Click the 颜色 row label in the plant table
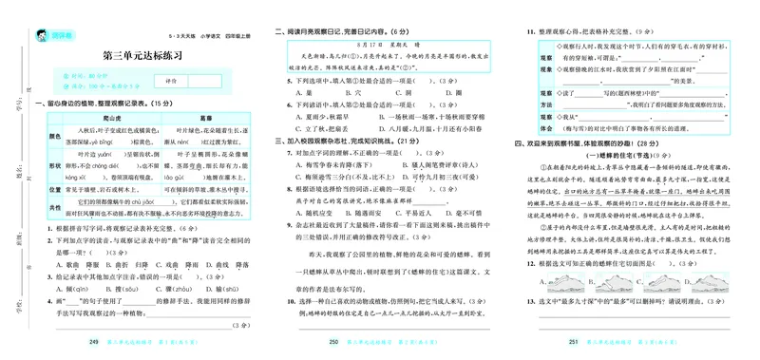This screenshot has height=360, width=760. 43,136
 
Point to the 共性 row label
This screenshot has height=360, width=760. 43,205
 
